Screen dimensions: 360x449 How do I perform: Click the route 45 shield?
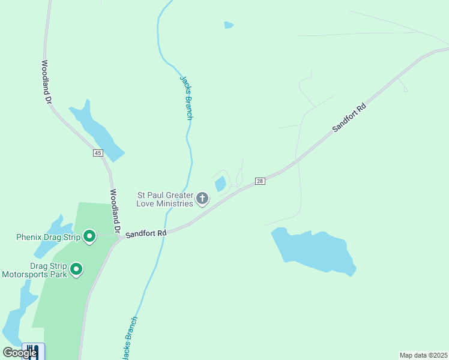(x=98, y=153)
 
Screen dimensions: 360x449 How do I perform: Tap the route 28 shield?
(x=259, y=181)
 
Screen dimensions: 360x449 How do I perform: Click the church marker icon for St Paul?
(x=203, y=199)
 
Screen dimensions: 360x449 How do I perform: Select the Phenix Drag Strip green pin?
(x=89, y=236)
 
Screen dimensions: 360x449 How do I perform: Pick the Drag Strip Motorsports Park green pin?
(x=76, y=269)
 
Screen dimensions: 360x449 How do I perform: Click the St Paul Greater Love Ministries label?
(x=165, y=199)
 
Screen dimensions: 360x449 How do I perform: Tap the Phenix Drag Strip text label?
(x=49, y=236)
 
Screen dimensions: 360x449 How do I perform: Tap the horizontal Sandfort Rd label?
(x=145, y=231)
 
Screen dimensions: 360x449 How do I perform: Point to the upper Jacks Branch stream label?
(x=186, y=97)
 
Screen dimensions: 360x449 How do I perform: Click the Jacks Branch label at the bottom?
(x=129, y=338)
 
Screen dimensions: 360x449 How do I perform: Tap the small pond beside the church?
(x=220, y=184)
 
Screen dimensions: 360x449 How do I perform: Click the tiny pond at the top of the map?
(x=228, y=25)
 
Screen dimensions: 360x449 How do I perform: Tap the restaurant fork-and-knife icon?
(x=32, y=352)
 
